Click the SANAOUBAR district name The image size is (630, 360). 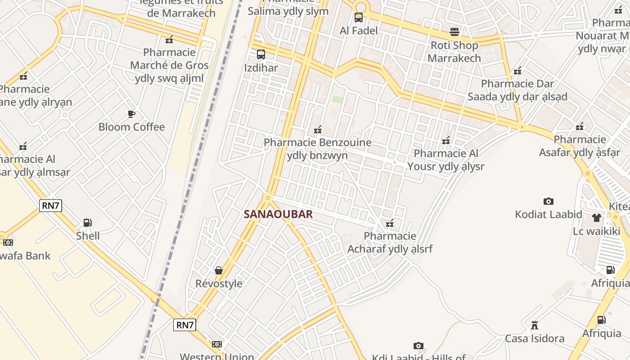[278, 214]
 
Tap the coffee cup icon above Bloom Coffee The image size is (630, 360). [131, 114]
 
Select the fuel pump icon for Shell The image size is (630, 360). [88, 222]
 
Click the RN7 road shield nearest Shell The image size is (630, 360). [50, 206]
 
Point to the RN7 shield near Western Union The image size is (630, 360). [184, 325]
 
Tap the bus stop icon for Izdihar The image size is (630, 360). [261, 55]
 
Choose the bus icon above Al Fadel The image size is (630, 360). [359, 18]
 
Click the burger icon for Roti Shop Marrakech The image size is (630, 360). [454, 32]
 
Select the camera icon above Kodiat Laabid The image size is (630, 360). [548, 201]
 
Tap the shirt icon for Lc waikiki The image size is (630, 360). [597, 218]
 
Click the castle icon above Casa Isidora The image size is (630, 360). [535, 325]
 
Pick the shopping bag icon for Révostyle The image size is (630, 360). [219, 270]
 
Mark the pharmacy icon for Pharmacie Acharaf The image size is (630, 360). [390, 223]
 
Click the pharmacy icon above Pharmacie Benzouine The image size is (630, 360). [318, 130]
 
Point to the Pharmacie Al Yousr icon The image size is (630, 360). [446, 140]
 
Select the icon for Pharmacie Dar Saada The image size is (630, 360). [517, 71]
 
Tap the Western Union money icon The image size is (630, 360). [217, 344]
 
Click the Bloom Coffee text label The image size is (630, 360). [132, 127]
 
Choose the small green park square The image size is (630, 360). [337, 99]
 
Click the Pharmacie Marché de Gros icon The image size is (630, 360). [169, 40]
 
